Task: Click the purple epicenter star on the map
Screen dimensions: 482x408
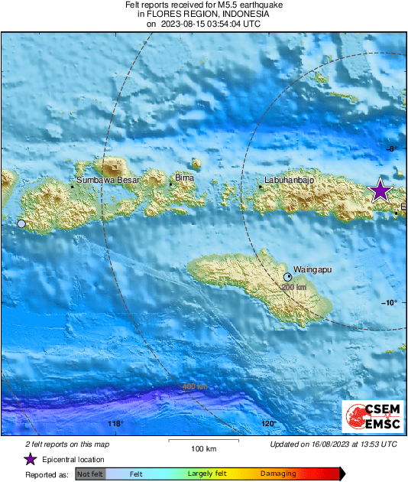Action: coord(380,191)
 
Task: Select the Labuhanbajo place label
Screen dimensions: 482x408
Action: coord(290,181)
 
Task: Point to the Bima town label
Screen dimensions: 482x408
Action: coord(184,177)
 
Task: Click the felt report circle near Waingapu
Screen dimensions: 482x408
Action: coord(288,276)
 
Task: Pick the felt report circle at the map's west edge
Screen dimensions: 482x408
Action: coord(21,223)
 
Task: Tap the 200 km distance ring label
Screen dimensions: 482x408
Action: coord(294,287)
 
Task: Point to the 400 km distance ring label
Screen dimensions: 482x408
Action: coord(194,386)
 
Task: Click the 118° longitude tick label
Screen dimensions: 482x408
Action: coord(115,423)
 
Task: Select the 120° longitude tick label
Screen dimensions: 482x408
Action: coord(268,423)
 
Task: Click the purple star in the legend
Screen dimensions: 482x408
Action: coord(30,459)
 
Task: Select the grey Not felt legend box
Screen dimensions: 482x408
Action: coord(90,474)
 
